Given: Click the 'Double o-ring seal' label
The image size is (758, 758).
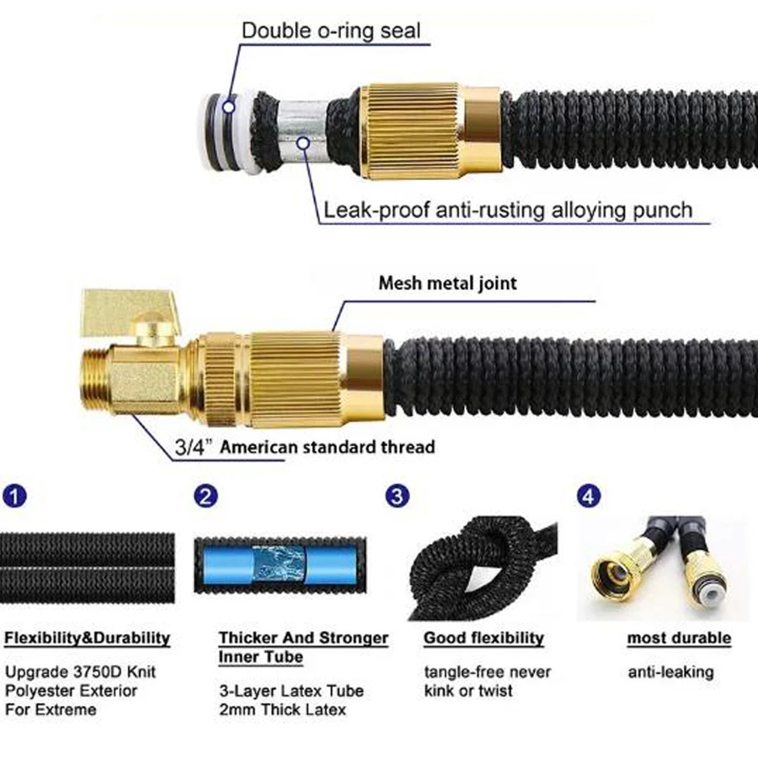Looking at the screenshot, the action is tap(331, 30).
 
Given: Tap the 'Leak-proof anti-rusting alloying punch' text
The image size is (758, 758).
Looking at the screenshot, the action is tap(508, 211).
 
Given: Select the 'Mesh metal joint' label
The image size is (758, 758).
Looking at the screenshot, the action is tap(448, 283).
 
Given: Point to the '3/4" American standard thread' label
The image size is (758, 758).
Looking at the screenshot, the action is tap(305, 446).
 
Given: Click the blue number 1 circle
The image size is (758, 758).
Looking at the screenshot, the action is tap(14, 496).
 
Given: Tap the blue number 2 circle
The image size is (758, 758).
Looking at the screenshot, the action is tap(206, 496).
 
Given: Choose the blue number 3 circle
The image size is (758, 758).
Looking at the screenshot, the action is tap(397, 496).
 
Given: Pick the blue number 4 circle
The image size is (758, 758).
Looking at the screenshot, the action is tap(589, 496).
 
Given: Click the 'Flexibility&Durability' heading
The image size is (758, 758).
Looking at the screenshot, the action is tap(87, 638).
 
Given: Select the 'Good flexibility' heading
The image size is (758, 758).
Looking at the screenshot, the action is tap(484, 638).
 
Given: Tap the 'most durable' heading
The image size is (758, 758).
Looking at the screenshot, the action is tap(679, 638).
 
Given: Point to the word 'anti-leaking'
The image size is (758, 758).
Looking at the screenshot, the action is tap(671, 672).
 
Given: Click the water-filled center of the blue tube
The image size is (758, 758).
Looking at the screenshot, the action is tap(280, 563).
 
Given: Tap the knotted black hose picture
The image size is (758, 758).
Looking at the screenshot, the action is tap(483, 568).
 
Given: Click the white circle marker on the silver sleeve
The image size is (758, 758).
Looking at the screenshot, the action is tap(303, 142).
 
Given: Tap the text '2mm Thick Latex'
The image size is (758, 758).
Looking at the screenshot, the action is tap(283, 710).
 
